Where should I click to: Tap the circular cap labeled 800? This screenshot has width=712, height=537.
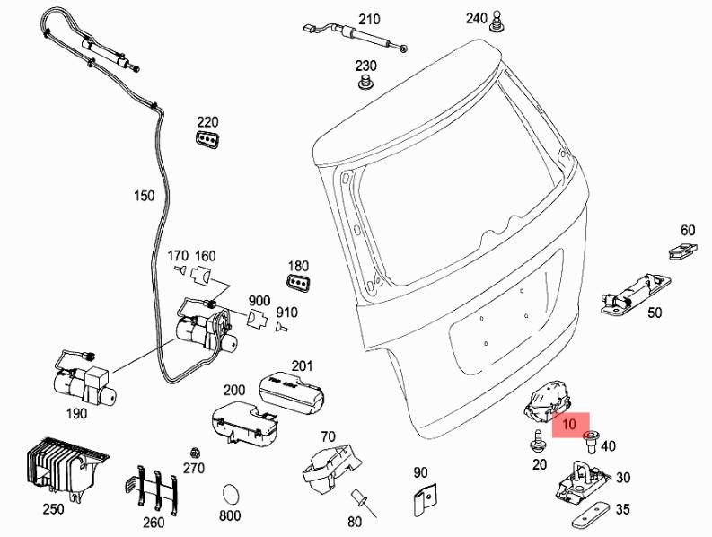[x=231, y=494]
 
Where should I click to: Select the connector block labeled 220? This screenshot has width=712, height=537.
[x=207, y=140]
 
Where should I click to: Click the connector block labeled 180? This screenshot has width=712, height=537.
[x=298, y=284]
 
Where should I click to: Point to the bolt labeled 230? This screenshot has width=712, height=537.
[x=365, y=84]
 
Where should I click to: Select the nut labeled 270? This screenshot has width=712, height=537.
[x=193, y=450]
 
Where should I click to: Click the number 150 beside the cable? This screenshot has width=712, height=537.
[x=144, y=195]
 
